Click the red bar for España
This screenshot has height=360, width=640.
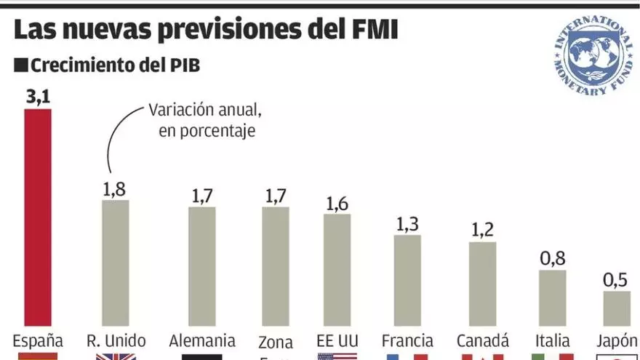click(38, 218)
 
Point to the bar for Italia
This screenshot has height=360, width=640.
click(552, 298)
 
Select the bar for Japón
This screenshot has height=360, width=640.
click(617, 308)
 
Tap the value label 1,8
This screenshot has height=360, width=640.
click(115, 188)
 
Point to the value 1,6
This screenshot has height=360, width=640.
click(337, 202)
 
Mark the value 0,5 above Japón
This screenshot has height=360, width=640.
click(617, 280)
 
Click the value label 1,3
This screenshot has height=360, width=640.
click(407, 224)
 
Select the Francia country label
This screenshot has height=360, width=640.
click(407, 340)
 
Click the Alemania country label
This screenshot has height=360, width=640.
click(201, 340)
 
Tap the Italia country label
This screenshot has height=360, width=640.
click(552, 340)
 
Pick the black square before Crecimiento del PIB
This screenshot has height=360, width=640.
click(20, 65)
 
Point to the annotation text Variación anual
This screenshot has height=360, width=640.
click(204, 111)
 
